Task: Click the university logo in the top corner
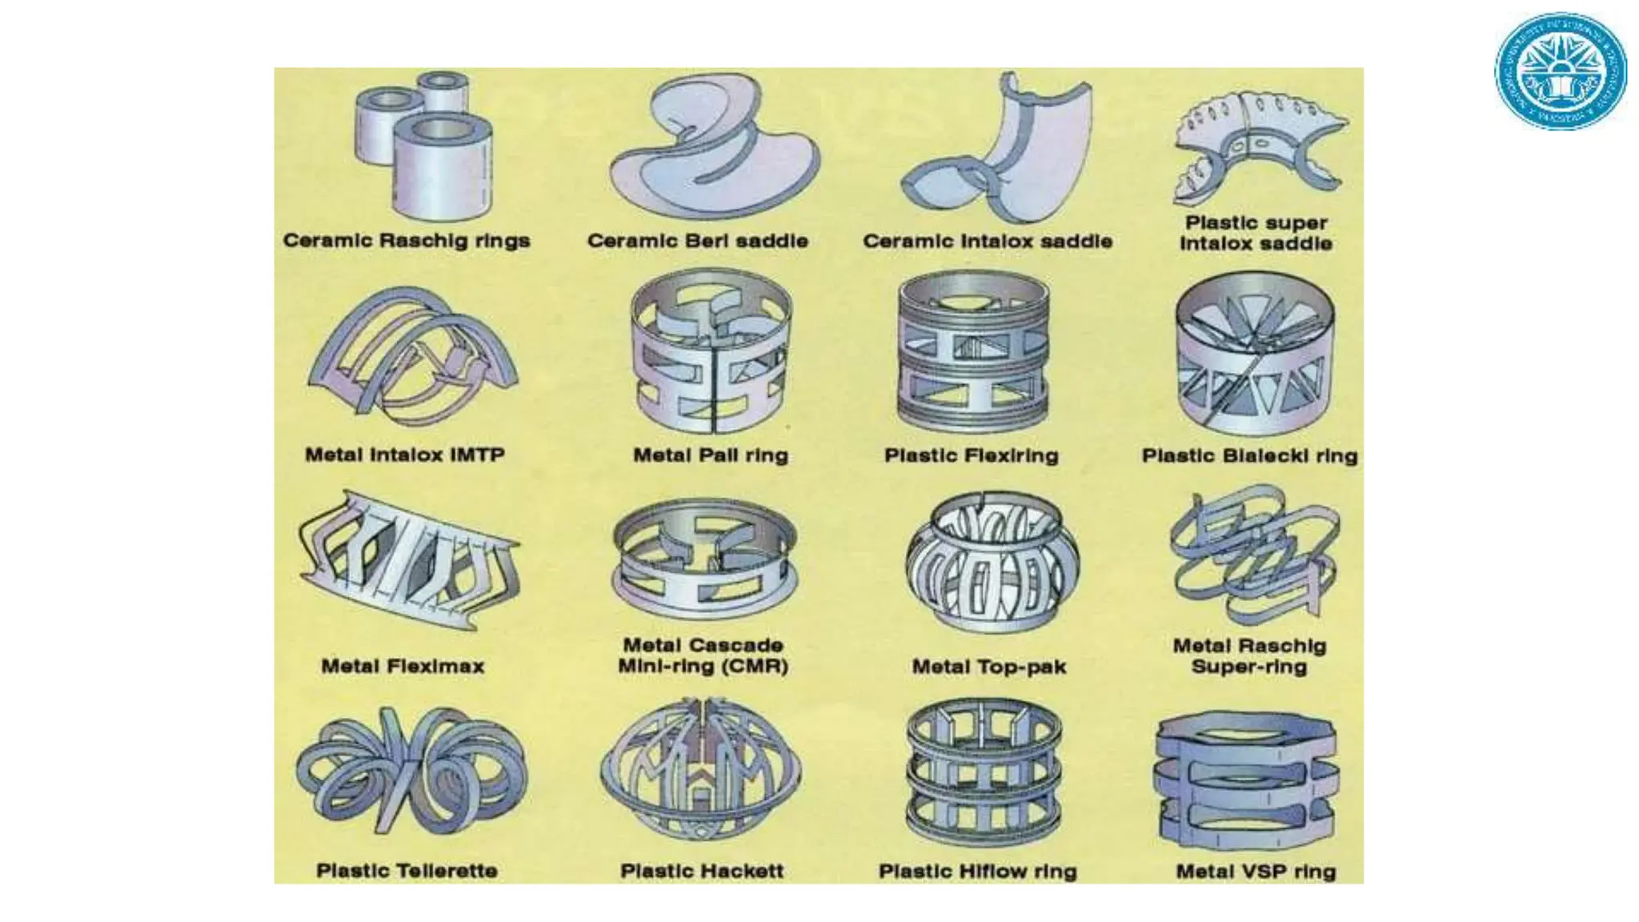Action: (x=1560, y=71)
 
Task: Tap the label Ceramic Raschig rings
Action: (x=407, y=241)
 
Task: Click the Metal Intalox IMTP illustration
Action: (x=412, y=352)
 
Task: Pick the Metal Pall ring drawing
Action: (x=711, y=356)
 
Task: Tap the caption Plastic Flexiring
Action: (x=971, y=455)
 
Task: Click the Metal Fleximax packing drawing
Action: (x=408, y=560)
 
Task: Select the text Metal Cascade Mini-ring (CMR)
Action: (x=703, y=655)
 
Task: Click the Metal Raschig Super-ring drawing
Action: (x=1252, y=552)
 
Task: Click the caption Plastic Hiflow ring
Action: (x=977, y=871)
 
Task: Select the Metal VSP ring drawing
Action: (x=1247, y=780)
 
